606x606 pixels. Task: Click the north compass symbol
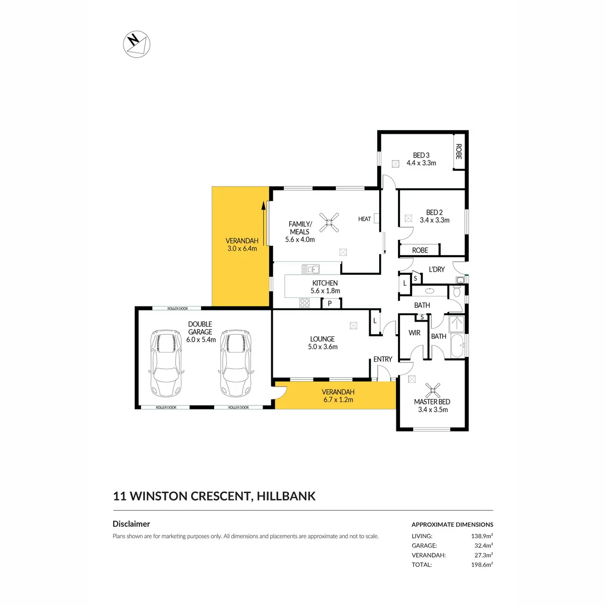[136, 44]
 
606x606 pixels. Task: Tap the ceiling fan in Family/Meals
[329, 223]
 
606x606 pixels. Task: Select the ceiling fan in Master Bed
[433, 390]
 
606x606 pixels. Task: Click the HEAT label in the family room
[365, 219]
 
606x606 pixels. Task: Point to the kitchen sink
[311, 269]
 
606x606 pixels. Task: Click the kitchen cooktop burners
[305, 303]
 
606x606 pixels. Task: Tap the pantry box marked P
[330, 303]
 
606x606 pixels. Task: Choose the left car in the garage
[166, 364]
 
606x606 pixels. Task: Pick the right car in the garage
[235, 364]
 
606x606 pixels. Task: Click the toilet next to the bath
[457, 291]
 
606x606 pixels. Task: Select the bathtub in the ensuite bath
[458, 345]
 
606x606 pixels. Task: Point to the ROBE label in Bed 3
[459, 151]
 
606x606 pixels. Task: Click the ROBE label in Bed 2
[420, 250]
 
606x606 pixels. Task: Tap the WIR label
[414, 333]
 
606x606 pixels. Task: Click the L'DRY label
[437, 269]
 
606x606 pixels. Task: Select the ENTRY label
[383, 359]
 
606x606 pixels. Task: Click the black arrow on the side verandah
[263, 223]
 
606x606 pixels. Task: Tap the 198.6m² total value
[482, 565]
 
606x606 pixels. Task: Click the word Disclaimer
[131, 524]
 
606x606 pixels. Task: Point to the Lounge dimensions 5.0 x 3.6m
[323, 347]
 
